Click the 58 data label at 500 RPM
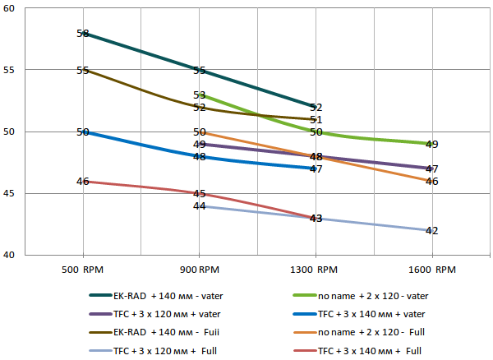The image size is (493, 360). [82, 34]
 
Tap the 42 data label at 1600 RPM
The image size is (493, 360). [431, 231]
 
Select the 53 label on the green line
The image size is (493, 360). [199, 95]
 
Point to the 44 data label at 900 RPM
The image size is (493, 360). [199, 206]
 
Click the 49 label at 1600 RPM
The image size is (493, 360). [431, 145]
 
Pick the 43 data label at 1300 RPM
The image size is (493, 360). [316, 219]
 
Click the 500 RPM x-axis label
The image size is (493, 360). [83, 269]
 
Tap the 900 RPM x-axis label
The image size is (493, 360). [199, 269]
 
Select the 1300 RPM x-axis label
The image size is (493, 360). [316, 269]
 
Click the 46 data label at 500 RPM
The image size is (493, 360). [82, 182]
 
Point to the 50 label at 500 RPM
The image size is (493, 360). [82, 132]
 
